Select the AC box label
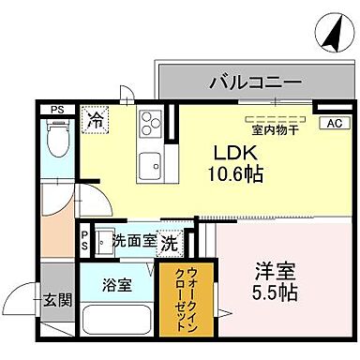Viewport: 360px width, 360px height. (x=333, y=123)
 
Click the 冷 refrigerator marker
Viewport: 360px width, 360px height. (x=95, y=119)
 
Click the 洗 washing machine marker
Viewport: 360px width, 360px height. (x=170, y=241)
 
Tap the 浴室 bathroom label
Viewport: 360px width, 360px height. (x=117, y=284)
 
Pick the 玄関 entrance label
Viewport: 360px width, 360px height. (x=56, y=300)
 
